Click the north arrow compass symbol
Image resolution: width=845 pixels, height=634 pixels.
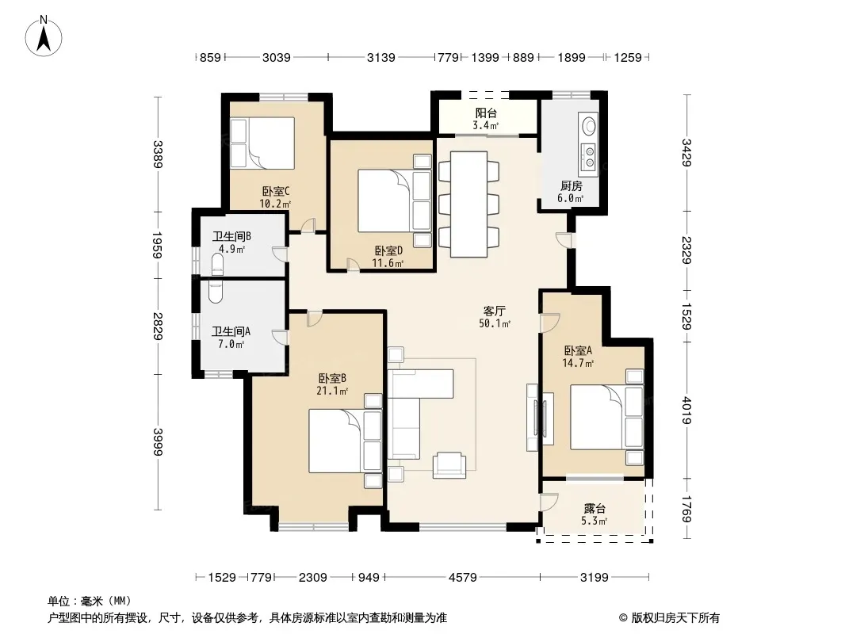pos(44,36)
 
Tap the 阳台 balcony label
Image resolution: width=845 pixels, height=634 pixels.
pos(486,113)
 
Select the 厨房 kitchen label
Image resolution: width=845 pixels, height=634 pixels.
pos(572,185)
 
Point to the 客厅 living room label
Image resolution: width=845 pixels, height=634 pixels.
pos(494,311)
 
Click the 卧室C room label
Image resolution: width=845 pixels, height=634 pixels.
pos(276,191)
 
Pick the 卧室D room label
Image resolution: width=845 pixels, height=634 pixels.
pos(388,251)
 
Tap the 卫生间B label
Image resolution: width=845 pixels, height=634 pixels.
pos(231,236)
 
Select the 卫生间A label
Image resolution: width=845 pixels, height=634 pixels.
pos(231,331)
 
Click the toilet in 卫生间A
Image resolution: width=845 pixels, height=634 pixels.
pos(215,292)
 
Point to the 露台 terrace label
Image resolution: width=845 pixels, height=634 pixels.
pos(595,509)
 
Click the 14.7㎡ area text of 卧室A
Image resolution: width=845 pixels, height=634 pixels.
pos(578,363)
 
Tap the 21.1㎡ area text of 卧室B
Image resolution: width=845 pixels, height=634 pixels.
pos(332,391)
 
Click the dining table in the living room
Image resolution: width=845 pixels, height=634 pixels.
pos(468,204)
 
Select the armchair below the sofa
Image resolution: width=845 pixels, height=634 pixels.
pos(449,465)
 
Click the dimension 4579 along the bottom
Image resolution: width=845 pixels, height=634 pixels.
pos(462,578)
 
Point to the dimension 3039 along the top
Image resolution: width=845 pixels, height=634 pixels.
pos(277,57)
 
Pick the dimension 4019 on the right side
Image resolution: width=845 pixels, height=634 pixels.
pos(686,411)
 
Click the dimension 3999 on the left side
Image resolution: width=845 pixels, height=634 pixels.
pos(158,441)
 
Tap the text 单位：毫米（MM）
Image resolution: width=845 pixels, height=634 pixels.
pos(90,601)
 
